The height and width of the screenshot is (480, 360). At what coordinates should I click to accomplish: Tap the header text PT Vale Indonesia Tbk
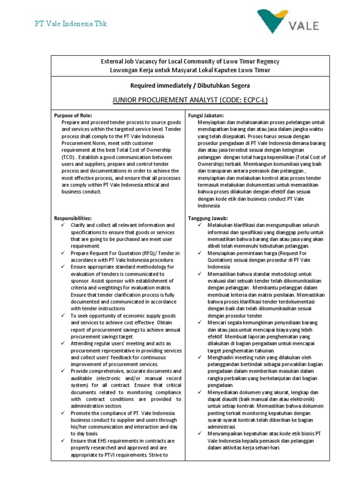(x=72, y=24)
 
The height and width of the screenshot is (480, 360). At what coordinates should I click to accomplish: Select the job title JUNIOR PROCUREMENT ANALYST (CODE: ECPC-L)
(x=187, y=100)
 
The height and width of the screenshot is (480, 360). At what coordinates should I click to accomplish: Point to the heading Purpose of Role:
(x=73, y=115)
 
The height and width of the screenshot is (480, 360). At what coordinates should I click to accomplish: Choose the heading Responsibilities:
(x=73, y=218)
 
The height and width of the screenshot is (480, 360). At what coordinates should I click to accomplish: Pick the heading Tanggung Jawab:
(x=208, y=218)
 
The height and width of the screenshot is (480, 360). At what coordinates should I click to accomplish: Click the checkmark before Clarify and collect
(x=63, y=225)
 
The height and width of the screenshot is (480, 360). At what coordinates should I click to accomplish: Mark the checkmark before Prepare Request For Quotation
(x=63, y=253)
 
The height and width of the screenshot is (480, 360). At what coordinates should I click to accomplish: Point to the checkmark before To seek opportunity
(x=63, y=316)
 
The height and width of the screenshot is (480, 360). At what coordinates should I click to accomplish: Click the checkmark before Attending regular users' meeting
(x=63, y=344)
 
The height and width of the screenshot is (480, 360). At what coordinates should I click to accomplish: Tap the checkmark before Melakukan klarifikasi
(x=200, y=225)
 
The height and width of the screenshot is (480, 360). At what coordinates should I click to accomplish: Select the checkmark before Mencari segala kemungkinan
(x=200, y=323)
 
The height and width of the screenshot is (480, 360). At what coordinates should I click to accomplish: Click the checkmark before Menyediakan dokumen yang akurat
(x=200, y=392)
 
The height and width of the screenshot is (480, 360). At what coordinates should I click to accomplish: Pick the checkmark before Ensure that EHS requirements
(x=63, y=441)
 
